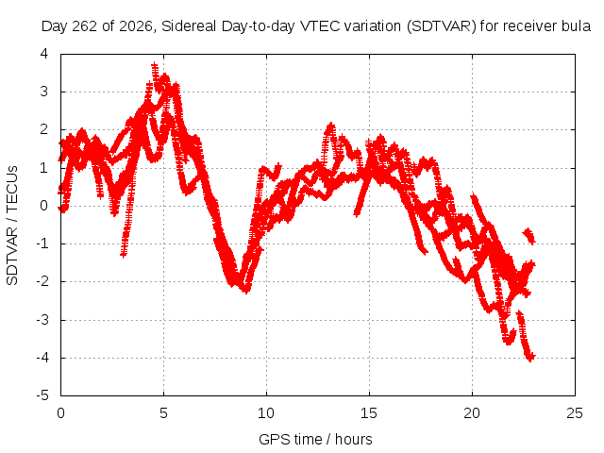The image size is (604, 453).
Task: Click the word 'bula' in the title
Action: point(575,26)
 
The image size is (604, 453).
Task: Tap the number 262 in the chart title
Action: point(85,26)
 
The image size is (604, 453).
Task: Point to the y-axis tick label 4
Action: point(44,54)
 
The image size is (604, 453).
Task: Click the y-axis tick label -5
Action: point(42,395)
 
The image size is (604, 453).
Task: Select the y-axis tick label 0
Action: point(44,206)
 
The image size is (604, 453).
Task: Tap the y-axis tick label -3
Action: point(42,320)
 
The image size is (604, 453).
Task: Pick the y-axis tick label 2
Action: point(44,129)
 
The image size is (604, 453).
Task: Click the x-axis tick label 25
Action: point(575,413)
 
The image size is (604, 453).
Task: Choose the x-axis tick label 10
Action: point(266,413)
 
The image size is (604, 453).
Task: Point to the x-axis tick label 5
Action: point(163,413)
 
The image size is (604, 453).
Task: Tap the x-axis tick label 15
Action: point(369,413)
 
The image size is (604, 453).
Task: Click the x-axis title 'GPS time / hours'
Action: point(315,439)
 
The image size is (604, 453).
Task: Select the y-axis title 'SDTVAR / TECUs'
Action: point(12,226)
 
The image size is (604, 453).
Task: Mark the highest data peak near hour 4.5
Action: point(155,65)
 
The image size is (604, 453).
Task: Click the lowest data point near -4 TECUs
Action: point(530,358)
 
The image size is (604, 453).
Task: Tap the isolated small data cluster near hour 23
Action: point(528,235)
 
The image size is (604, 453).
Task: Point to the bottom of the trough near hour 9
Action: point(245,290)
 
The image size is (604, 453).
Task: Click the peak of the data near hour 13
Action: point(330,126)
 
